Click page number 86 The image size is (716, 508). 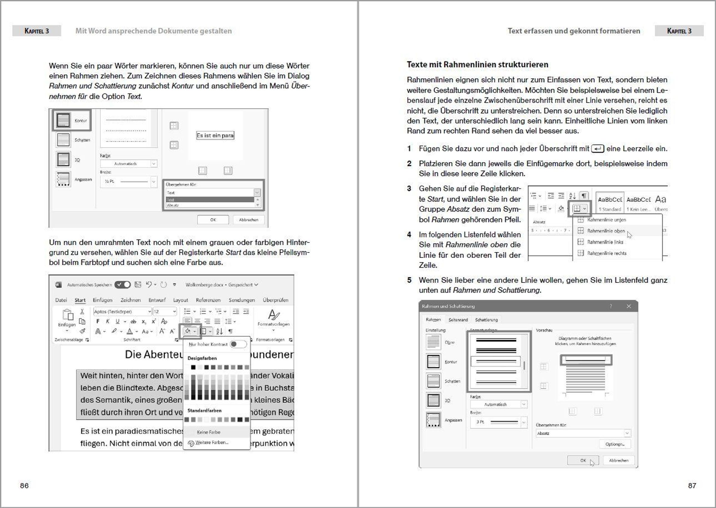click(24, 486)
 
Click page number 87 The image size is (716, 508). click(692, 486)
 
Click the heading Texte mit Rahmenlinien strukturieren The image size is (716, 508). click(477, 65)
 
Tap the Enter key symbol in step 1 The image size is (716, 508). click(598, 149)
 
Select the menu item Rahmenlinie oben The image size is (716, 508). click(606, 231)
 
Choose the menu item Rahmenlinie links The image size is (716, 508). click(605, 242)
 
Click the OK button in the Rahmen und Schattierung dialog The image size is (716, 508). click(583, 461)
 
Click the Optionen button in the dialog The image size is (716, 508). click(615, 444)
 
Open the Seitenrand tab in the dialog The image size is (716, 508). click(458, 320)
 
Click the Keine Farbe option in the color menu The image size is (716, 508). click(209, 432)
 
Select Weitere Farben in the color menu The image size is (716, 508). click(212, 443)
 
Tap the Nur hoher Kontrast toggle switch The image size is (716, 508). click(238, 344)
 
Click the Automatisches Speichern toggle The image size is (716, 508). click(123, 285)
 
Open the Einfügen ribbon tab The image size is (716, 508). click(103, 300)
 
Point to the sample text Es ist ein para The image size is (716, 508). click(215, 136)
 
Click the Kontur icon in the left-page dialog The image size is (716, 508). click(64, 120)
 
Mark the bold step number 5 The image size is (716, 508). click(409, 280)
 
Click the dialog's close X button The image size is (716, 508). click(629, 306)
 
